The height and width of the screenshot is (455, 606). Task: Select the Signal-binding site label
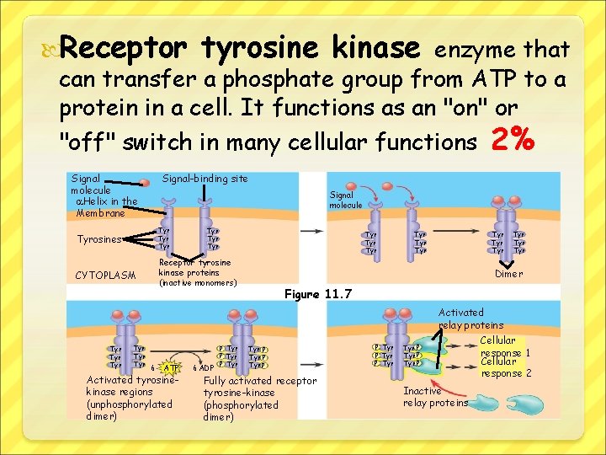(x=205, y=179)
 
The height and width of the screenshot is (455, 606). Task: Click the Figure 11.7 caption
(x=318, y=294)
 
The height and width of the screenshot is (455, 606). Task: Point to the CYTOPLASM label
(x=105, y=275)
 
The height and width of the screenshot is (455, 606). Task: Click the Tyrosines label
(x=99, y=239)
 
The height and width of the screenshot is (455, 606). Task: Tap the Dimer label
(x=508, y=274)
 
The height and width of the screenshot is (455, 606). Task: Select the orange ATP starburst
(x=171, y=367)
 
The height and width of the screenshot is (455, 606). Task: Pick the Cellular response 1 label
(x=505, y=346)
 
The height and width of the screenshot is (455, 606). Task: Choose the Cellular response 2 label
(x=506, y=367)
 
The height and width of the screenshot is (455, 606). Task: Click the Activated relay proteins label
(x=470, y=318)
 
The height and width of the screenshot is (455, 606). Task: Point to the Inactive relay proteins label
(x=435, y=397)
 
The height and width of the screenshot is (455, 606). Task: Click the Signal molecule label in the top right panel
(x=345, y=200)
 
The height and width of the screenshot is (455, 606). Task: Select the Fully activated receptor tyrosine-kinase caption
(x=259, y=399)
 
